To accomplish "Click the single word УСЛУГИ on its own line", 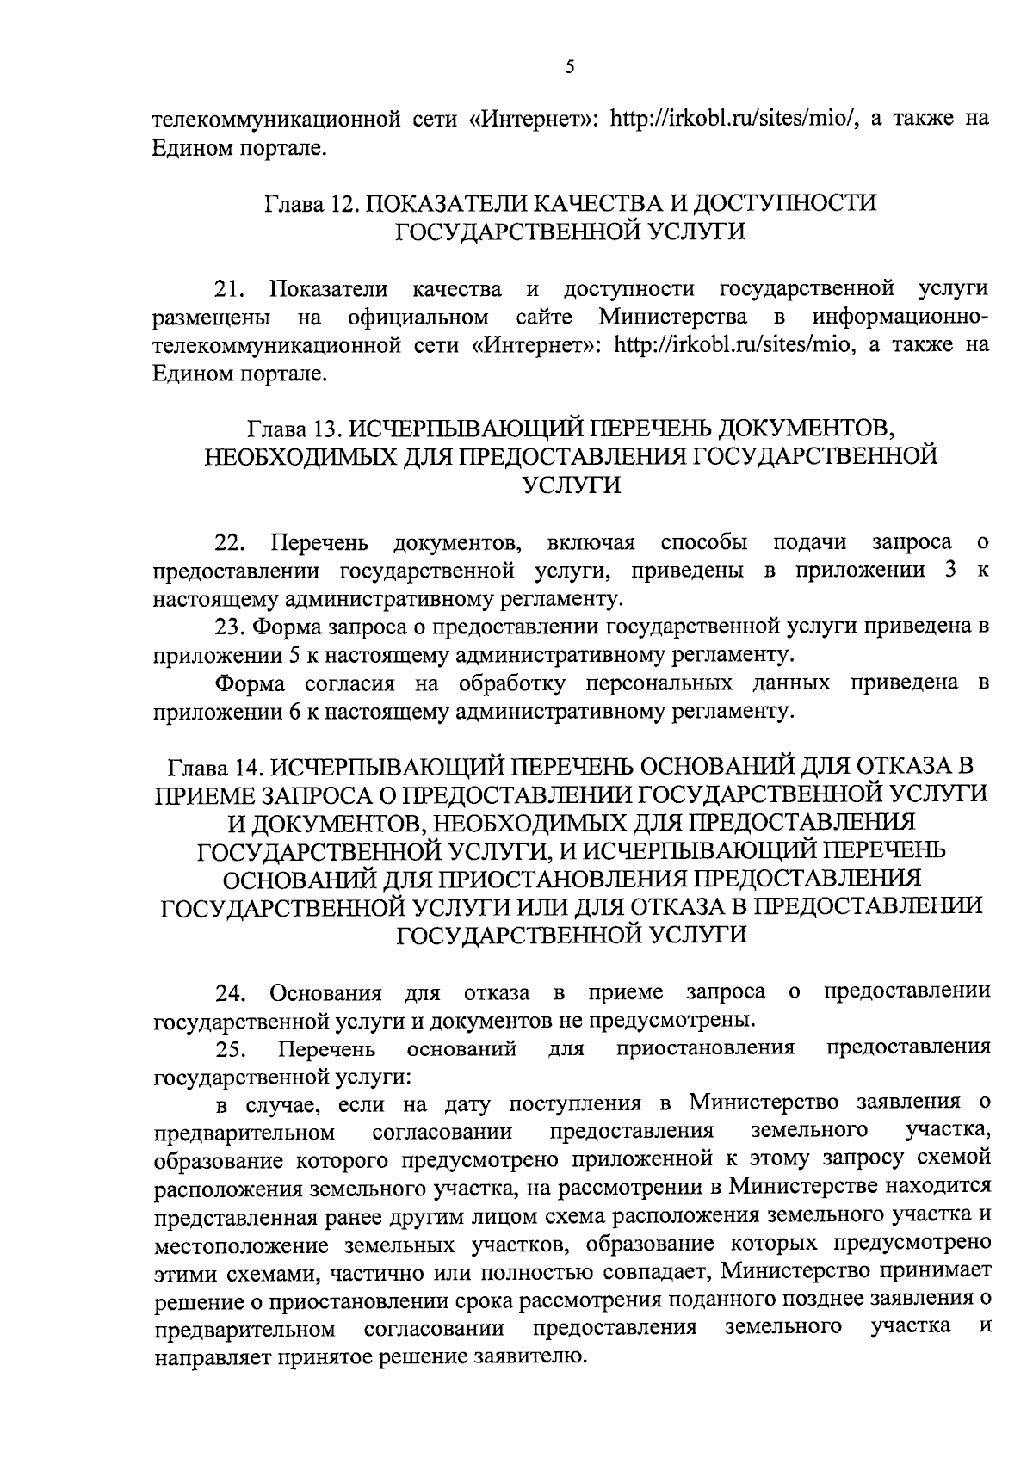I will (571, 485).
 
